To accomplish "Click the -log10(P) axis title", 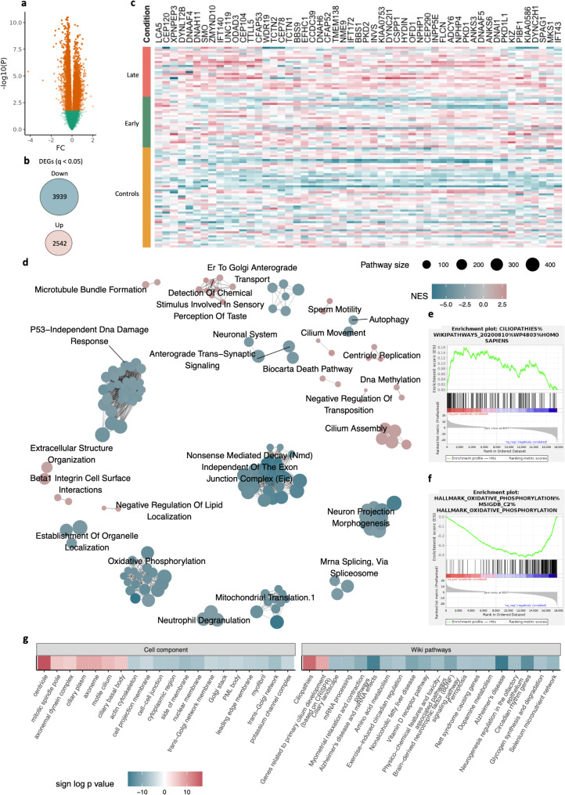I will coord(7,62).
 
